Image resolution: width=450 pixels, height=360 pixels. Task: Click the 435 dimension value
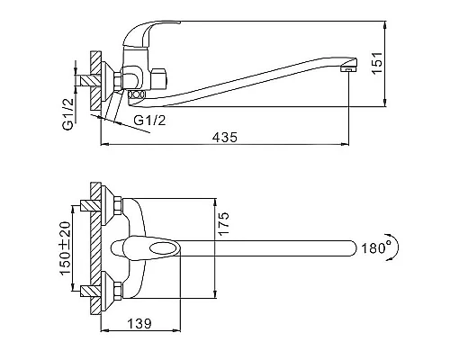(x=225, y=137)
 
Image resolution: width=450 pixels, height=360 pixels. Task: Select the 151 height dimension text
(x=377, y=63)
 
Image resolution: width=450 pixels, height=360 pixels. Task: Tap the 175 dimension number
(x=223, y=224)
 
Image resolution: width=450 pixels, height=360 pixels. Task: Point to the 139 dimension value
(x=139, y=324)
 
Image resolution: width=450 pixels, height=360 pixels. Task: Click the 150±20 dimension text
(x=65, y=248)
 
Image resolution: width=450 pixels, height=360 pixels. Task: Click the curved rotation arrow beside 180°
(x=395, y=247)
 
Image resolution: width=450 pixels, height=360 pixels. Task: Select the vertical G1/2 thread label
(x=68, y=114)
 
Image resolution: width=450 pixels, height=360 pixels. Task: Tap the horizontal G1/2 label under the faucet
(x=149, y=121)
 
